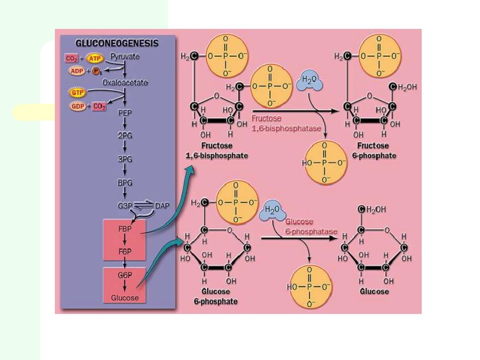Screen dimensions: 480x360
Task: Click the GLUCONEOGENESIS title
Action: point(117,43)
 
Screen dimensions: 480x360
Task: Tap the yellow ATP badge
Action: point(95,58)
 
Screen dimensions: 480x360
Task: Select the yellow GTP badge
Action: point(77,92)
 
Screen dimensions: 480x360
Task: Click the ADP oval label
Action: point(77,72)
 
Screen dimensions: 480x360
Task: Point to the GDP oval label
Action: point(77,107)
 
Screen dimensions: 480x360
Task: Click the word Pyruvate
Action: point(125,57)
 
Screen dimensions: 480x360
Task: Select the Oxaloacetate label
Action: point(125,83)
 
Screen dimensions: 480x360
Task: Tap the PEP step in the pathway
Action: point(125,113)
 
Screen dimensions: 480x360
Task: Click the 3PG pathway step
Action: point(125,159)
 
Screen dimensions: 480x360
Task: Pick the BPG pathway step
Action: point(125,183)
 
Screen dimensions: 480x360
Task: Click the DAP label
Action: point(162,206)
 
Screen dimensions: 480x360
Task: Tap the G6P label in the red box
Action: point(125,275)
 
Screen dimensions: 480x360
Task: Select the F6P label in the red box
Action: point(125,252)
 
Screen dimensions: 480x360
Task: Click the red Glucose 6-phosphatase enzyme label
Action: point(312,226)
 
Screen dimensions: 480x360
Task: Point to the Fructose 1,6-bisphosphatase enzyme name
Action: point(286,123)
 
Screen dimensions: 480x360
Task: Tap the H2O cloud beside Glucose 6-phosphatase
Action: point(272,210)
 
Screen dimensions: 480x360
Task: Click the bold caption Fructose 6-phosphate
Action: point(374,151)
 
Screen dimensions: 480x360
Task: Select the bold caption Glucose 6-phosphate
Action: point(216,296)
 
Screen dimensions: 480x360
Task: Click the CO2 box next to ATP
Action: point(72,58)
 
